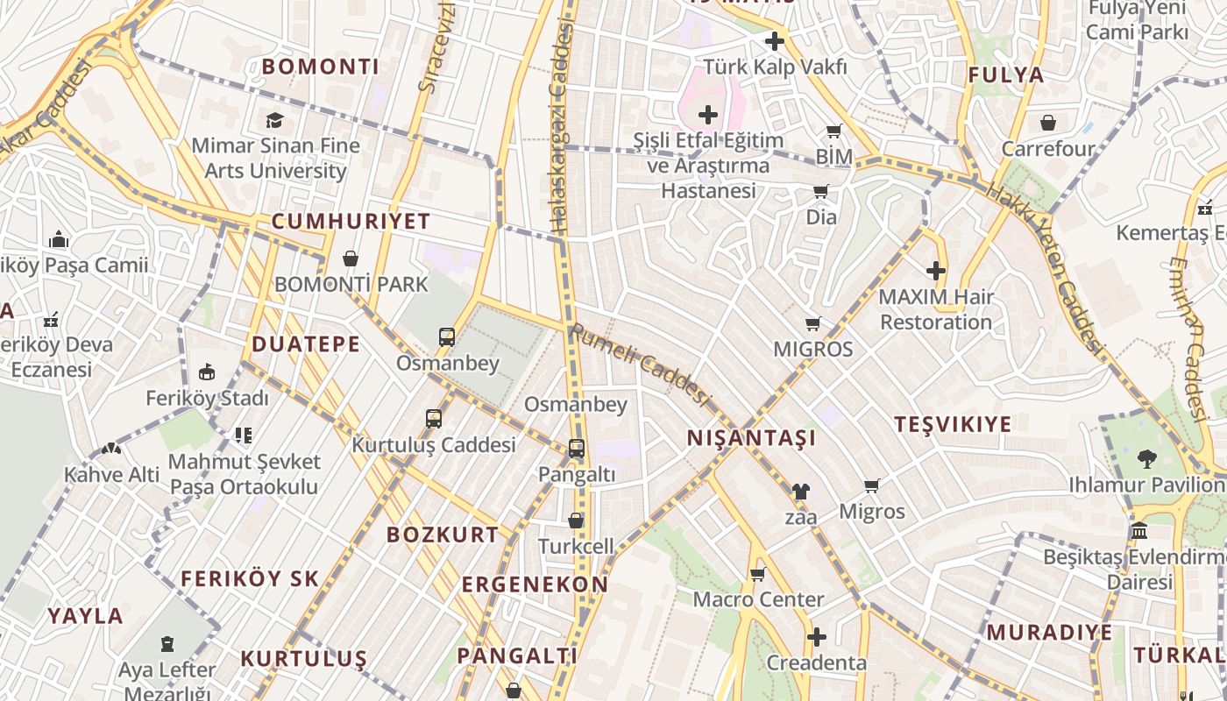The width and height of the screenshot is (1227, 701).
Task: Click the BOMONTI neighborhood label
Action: coord(321,67)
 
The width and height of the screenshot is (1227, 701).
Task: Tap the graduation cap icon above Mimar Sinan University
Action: coord(275,120)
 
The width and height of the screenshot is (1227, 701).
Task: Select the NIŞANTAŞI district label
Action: coord(751,437)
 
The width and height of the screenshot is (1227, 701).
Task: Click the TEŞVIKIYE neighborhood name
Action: coord(953,424)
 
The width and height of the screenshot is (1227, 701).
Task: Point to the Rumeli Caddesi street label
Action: coord(638,364)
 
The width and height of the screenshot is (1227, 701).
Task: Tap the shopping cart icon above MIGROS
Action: coord(813,324)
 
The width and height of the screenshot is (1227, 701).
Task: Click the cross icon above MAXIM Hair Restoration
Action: coord(936,271)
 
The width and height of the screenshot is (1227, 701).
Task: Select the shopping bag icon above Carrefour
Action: coord(1048,123)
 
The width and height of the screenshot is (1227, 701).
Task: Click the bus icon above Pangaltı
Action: coord(577,449)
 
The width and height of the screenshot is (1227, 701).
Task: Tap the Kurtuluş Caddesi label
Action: coord(434,445)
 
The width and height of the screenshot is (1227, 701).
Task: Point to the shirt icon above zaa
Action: coord(800,492)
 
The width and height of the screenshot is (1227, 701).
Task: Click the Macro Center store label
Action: coord(759,600)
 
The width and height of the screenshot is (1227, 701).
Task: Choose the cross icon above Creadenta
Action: coord(817,637)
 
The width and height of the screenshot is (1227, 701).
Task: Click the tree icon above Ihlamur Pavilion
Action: coord(1146,457)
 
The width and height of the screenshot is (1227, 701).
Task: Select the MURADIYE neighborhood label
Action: coord(1049,633)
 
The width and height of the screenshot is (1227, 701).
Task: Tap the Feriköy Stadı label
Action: coord(207,399)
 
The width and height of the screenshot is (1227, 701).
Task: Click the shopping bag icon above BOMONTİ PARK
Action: coord(351,258)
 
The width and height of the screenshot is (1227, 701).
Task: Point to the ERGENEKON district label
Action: coord(535,584)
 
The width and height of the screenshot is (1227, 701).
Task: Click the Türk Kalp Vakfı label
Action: coord(776,67)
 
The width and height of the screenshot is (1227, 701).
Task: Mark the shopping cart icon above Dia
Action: coord(821,192)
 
